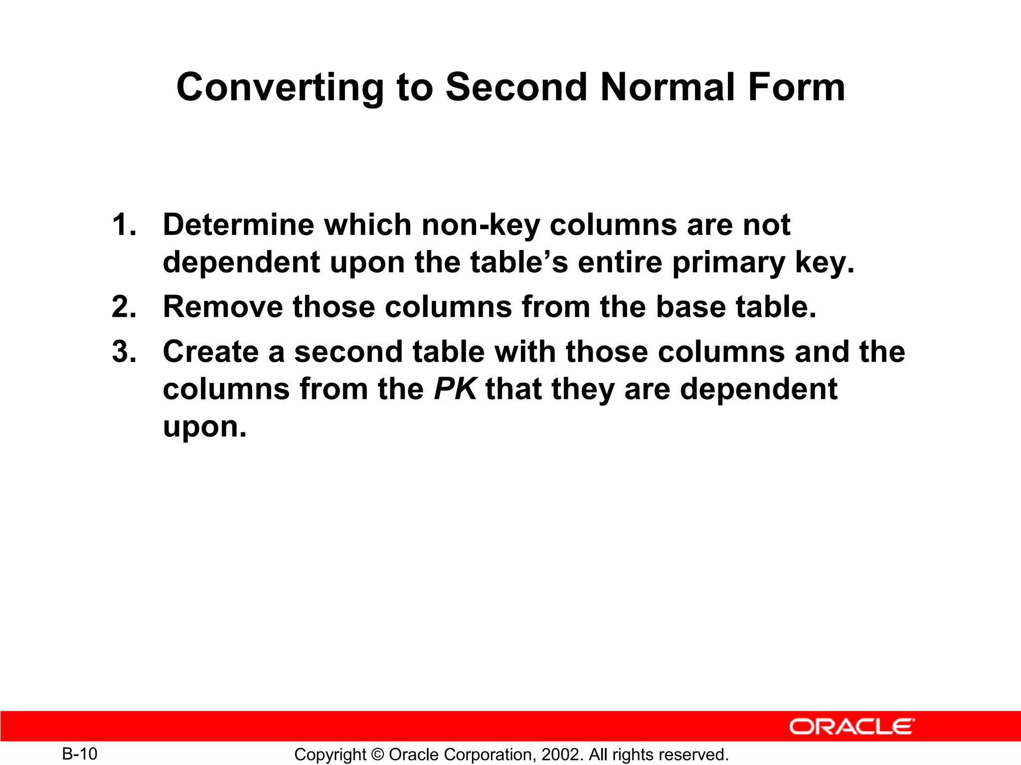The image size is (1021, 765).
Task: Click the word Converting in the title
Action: tap(280, 88)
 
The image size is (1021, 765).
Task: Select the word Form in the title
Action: tap(796, 88)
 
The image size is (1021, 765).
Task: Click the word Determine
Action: tap(238, 225)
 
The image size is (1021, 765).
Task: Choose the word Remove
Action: tap(222, 307)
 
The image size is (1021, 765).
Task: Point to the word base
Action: tap(690, 307)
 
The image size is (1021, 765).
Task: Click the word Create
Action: tap(210, 352)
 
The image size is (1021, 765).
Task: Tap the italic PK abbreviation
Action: tap(455, 389)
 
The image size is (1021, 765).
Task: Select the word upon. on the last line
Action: tap(204, 427)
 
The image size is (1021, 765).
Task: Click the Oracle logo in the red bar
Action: tap(851, 727)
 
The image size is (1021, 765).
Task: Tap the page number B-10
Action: tap(80, 754)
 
